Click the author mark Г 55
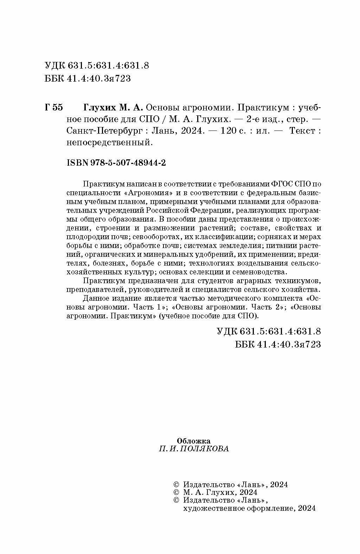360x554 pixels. point(53,108)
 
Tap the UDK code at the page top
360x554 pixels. point(97,66)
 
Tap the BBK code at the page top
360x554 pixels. point(88,79)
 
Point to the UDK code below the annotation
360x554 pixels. point(269,331)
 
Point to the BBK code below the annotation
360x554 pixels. point(278,344)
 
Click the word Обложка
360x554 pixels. point(193,441)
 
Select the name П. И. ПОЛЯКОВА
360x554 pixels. point(194,449)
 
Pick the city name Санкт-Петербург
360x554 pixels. point(104,131)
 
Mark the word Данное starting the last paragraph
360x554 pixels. point(95,299)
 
